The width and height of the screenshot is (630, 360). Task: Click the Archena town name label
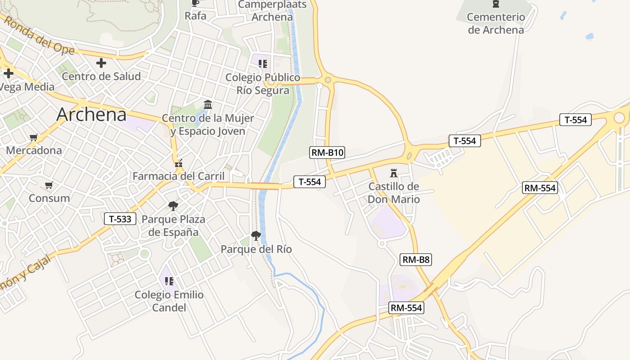coord(91,115)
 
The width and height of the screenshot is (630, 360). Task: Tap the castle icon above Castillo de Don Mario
coord(394,173)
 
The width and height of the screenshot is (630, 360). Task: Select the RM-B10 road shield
coord(328,153)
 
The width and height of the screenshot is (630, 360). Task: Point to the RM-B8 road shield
coord(416,259)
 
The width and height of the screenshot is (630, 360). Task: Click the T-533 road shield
coord(120,219)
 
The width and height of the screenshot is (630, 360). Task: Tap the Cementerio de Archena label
coord(496,23)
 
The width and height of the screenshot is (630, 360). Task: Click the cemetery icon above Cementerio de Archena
coord(496,4)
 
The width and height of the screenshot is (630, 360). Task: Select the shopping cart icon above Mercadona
coord(33,137)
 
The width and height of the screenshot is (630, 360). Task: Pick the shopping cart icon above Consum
coord(49,185)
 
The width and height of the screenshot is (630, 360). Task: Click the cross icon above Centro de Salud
coord(101,63)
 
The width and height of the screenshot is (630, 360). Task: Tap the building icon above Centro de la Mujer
coord(208,105)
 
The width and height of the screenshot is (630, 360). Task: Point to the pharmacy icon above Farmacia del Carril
coord(179,164)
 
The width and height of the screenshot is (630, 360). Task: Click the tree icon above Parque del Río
coord(256,235)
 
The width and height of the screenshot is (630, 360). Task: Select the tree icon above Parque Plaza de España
coord(173,206)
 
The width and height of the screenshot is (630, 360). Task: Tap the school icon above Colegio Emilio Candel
coord(169,281)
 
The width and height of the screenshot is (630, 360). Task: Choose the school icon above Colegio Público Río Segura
coord(263,64)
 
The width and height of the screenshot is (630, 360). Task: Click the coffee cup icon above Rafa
coord(195,4)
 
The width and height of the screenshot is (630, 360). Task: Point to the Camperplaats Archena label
coord(272,11)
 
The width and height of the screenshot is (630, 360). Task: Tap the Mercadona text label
coord(34,150)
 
